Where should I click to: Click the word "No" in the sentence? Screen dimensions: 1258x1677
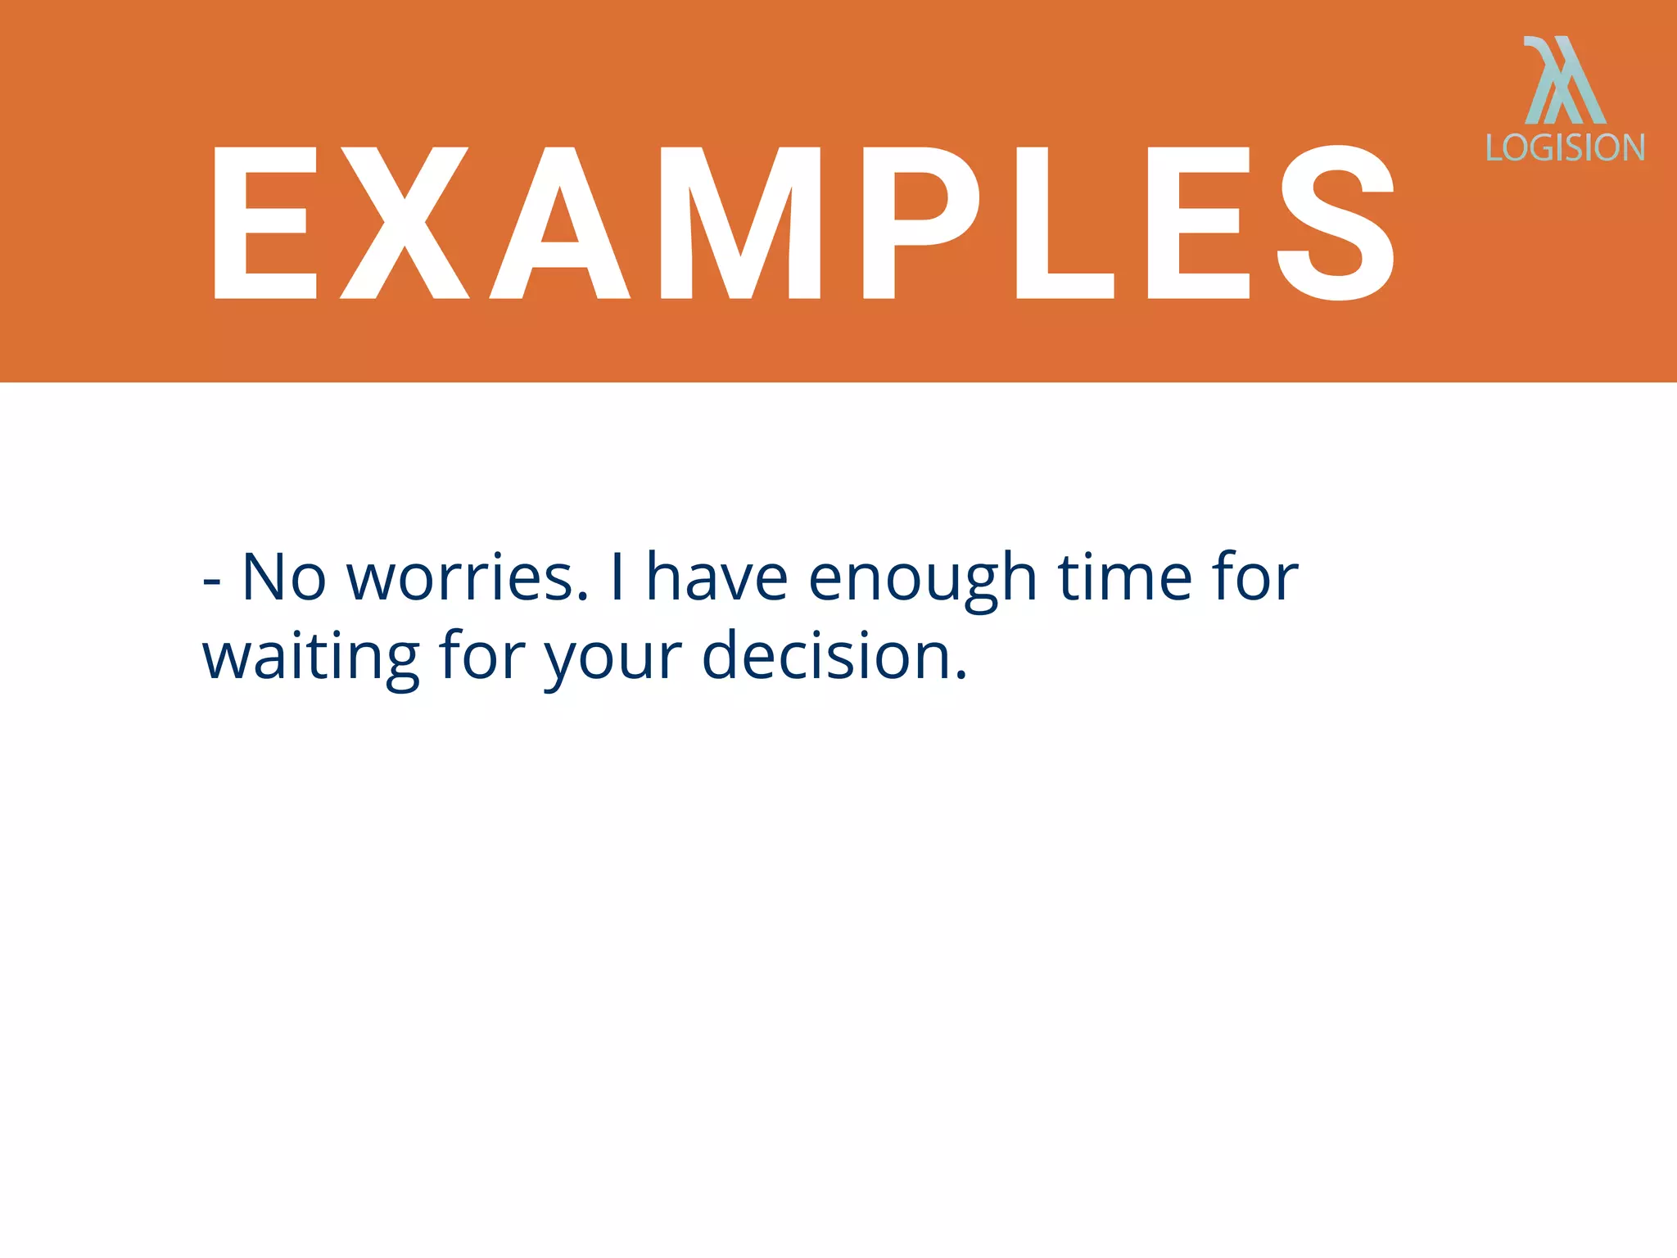(284, 577)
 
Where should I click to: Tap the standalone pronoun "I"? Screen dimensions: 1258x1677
(617, 577)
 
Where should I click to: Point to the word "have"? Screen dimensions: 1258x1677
(717, 577)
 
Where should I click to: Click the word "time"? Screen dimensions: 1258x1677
(1125, 577)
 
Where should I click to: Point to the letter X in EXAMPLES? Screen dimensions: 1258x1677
(405, 223)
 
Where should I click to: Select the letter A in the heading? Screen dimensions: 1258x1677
(560, 223)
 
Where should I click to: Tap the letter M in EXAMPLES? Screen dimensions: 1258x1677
(740, 223)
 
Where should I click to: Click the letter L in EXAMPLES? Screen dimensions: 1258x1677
(1061, 223)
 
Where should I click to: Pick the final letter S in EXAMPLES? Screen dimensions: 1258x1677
(1336, 223)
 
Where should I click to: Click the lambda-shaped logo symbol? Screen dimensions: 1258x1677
(1564, 80)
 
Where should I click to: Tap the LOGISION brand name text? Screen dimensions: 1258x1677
(1565, 147)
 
